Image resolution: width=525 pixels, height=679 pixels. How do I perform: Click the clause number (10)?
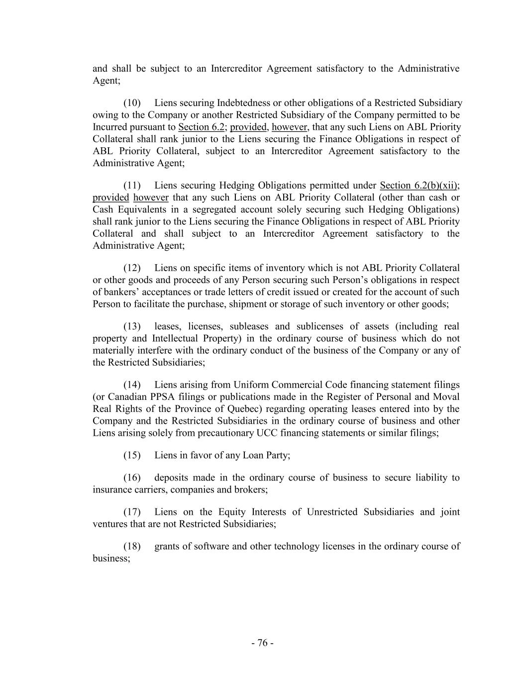coord(132,103)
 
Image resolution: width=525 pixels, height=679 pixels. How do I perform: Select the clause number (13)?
coord(132,326)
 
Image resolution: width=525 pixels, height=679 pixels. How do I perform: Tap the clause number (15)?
coord(132,455)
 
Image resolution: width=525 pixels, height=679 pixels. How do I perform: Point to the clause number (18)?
coord(132,546)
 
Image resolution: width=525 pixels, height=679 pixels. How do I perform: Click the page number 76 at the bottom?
coord(262,643)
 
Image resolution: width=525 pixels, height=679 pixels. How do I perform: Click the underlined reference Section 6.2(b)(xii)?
coord(419,186)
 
